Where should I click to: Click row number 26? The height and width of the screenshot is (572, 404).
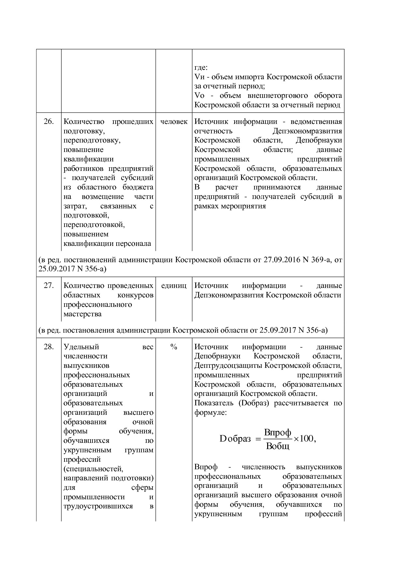point(49,122)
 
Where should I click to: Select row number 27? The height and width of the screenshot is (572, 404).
point(49,286)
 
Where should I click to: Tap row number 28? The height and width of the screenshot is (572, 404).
point(49,347)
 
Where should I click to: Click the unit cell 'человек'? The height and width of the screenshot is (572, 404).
point(174,122)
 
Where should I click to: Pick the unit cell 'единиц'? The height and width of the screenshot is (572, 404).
point(174,286)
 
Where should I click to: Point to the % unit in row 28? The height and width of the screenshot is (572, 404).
point(174,347)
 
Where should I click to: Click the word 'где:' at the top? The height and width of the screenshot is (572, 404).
point(201,68)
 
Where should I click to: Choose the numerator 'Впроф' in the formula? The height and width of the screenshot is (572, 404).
point(278,433)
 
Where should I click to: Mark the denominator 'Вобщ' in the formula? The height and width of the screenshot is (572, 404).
point(278,446)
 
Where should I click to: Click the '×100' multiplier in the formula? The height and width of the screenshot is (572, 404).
point(303,439)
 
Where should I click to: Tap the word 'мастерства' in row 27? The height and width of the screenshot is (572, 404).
point(82,314)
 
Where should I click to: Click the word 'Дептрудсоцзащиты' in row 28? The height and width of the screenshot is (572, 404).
point(228,366)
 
